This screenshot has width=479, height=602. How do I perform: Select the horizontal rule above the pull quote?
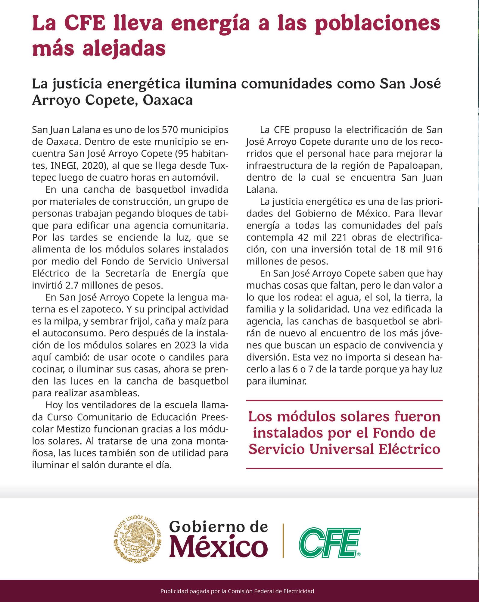click(344, 401)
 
